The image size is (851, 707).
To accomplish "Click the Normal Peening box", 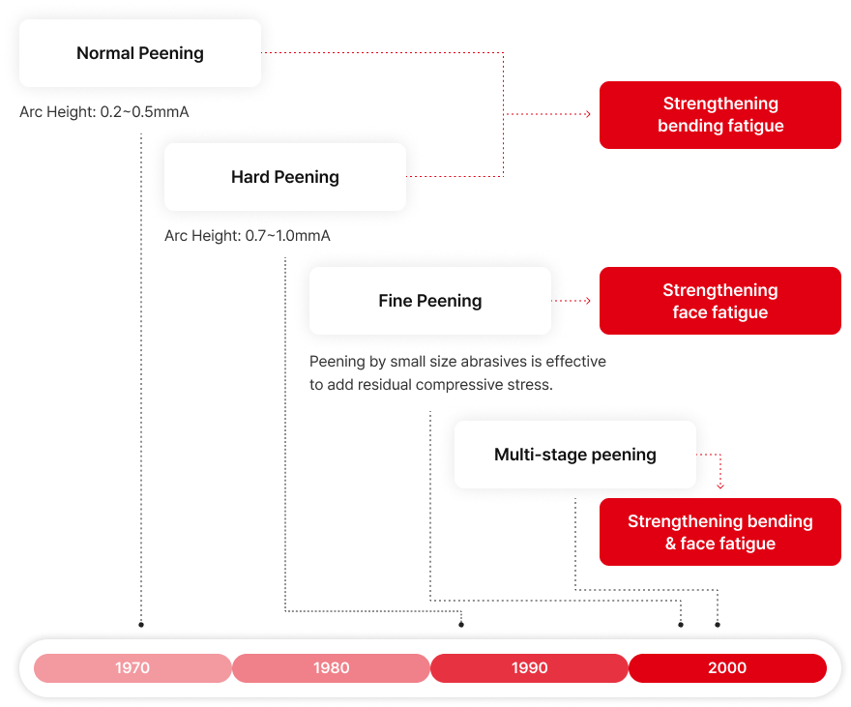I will click(140, 53).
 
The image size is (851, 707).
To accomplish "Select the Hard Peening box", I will click(285, 177).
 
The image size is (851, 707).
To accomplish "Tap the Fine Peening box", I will click(430, 301).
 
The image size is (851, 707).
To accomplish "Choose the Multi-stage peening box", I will click(575, 455).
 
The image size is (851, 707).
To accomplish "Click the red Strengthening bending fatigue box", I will click(720, 115).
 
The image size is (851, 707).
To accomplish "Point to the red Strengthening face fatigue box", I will click(720, 301).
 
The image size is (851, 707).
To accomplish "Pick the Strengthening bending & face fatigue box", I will click(720, 532).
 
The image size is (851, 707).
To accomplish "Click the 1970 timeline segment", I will click(132, 668).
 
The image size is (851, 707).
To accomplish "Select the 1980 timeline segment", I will click(332, 668).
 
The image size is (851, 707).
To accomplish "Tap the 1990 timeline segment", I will click(530, 668).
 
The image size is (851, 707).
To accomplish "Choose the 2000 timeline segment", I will click(727, 668).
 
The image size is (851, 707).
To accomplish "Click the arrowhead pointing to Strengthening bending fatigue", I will click(587, 114).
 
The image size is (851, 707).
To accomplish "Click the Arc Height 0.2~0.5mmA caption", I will click(104, 112).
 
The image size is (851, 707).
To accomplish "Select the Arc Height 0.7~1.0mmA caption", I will click(248, 236).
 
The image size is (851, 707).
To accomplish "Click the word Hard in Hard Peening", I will click(250, 177).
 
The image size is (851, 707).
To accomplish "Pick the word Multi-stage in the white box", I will click(535, 455).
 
